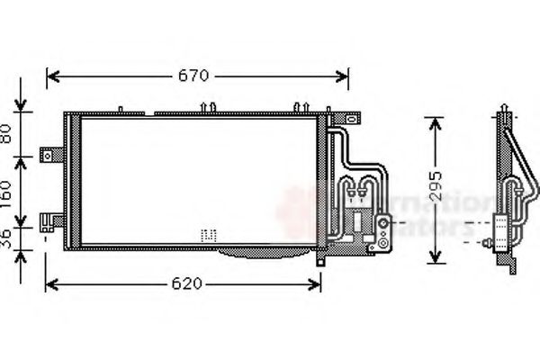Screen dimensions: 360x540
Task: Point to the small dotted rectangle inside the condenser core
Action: pyautogui.click(x=209, y=234)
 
